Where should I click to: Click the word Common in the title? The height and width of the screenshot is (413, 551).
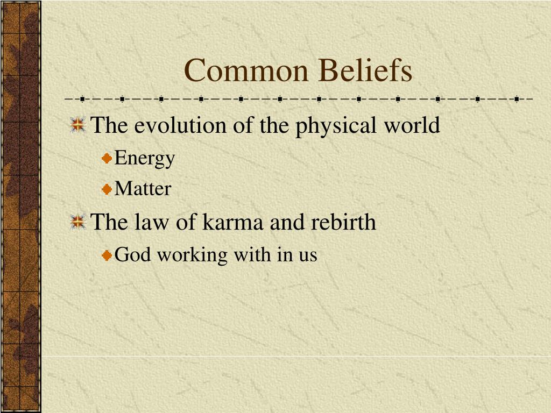246,70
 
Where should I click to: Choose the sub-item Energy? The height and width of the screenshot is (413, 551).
144,158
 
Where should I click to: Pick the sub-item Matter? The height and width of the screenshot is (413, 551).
143,189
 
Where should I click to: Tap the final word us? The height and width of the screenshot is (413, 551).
308,257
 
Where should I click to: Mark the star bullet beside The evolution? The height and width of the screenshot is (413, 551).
78,125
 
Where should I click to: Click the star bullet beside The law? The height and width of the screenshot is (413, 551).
78,222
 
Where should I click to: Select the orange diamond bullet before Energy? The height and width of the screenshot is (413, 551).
107,159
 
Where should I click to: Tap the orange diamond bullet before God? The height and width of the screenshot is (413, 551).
107,255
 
